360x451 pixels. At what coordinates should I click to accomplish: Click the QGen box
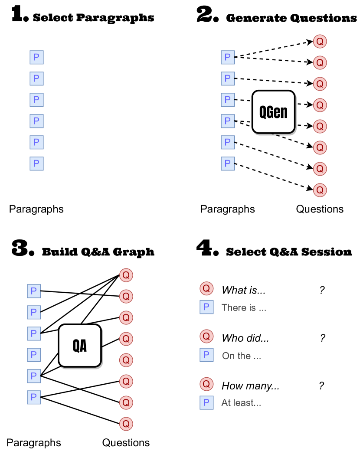(273, 112)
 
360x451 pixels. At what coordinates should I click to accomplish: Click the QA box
(79, 346)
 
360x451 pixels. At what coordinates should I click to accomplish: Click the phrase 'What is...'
(243, 291)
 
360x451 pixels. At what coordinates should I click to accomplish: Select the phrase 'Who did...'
(245, 338)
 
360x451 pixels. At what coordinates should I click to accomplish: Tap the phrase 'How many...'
(250, 386)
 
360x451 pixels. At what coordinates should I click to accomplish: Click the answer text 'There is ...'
(244, 308)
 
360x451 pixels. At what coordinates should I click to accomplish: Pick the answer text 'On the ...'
(242, 356)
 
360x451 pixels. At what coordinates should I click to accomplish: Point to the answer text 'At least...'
(241, 403)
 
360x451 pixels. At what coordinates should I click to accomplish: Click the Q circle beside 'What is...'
(206, 288)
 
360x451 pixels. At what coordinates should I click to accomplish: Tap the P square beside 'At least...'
(206, 402)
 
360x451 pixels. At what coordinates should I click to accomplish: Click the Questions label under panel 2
(320, 209)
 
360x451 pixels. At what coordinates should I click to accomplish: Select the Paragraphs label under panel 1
(36, 209)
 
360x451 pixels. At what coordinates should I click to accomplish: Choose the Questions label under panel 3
(126, 443)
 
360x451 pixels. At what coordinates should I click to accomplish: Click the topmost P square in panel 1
(36, 57)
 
